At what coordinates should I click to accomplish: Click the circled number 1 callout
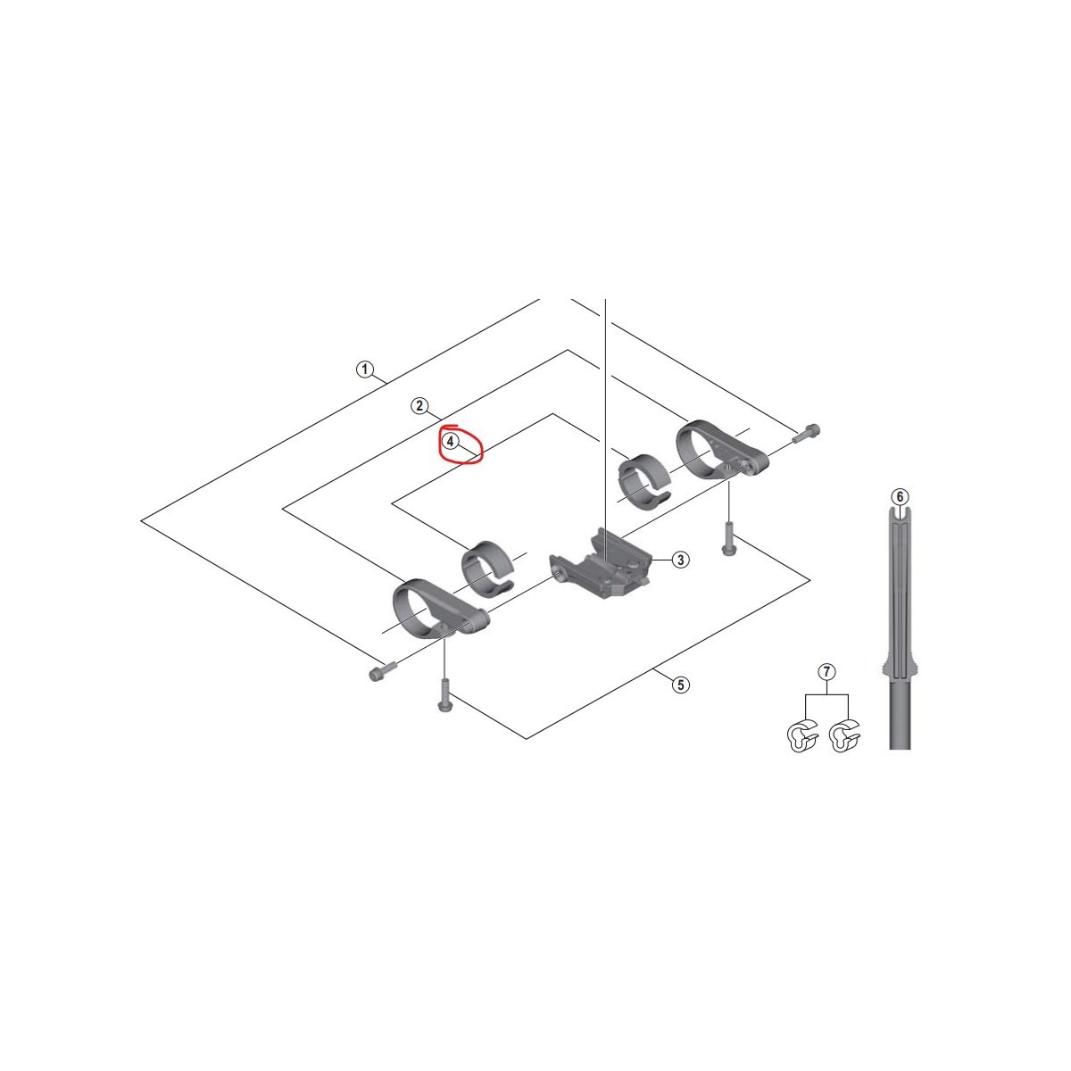pos(365,369)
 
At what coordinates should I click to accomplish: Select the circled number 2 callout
pos(419,406)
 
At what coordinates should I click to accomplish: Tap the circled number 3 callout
pos(681,560)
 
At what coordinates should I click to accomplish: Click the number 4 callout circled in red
pos(450,442)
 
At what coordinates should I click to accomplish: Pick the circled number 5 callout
pos(681,685)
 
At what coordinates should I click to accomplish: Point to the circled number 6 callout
pos(900,496)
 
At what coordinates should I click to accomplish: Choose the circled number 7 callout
pos(826,671)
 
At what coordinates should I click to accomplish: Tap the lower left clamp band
pos(440,610)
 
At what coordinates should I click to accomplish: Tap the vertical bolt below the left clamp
pos(444,694)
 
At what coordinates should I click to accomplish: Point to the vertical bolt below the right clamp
pos(728,538)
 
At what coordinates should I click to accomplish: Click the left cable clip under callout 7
pos(803,737)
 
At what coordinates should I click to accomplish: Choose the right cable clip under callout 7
pos(845,737)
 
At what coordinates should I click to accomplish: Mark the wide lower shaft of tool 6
pos(900,712)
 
